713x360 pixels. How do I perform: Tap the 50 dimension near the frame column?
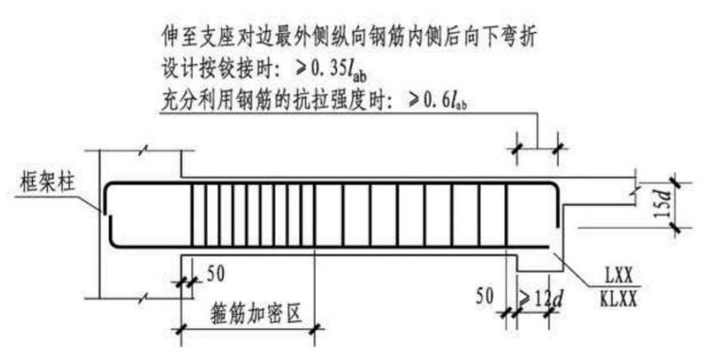pyautogui.click(x=215, y=274)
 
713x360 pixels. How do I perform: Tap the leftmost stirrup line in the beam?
pyautogui.click(x=194, y=214)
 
